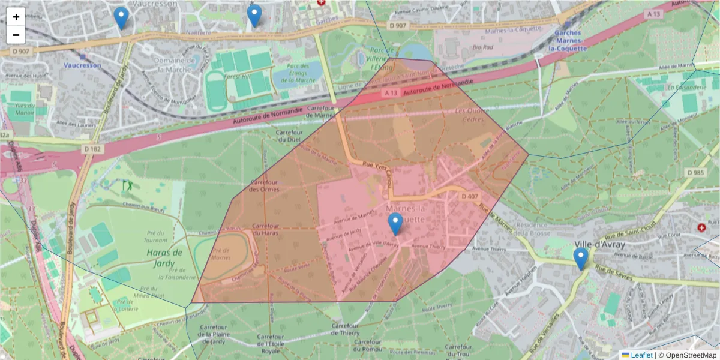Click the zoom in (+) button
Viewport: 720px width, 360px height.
point(16,17)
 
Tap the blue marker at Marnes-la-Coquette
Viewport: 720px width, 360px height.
point(395,224)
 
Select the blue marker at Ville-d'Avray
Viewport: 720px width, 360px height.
point(580,259)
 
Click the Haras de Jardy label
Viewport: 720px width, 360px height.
point(164,257)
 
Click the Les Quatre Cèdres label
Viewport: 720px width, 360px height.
point(469,115)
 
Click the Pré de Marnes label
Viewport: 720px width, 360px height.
point(221,254)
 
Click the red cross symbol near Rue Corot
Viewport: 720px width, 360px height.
point(701,228)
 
